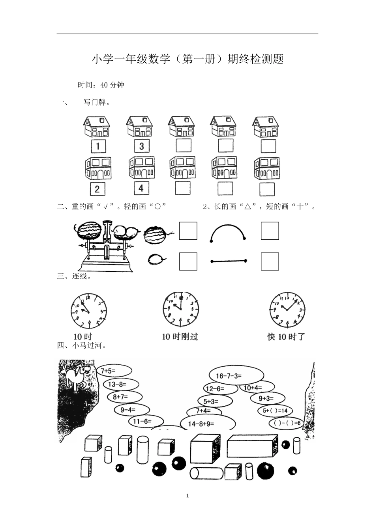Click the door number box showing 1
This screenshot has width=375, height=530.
98,146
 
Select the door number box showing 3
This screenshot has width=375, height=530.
141,146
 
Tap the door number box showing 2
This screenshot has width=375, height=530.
97,189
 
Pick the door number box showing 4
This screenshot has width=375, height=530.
141,188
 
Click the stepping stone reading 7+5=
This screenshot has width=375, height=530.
114,371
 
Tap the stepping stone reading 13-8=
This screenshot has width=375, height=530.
122,384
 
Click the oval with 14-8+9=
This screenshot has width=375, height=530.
208,424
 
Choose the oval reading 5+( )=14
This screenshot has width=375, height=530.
275,411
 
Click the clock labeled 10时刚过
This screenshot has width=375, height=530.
181,309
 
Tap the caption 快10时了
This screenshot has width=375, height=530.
286,337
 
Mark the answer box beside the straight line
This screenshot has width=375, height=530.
270,261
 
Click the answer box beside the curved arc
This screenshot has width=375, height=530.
270,231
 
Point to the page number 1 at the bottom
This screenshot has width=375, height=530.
187,496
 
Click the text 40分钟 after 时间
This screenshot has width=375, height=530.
112,85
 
